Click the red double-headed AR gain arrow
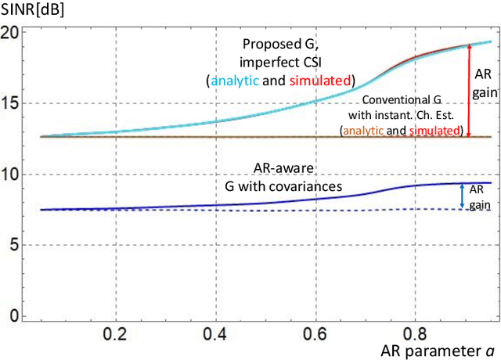pos(469,90)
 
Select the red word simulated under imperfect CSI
pos(323,81)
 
